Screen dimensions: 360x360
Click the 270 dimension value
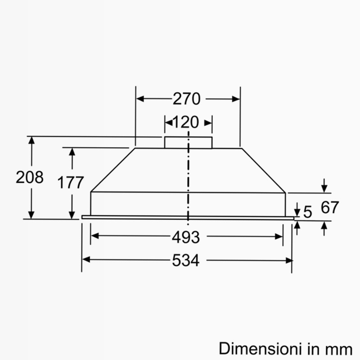pyautogui.click(x=186, y=99)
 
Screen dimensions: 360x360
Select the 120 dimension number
pyautogui.click(x=185, y=122)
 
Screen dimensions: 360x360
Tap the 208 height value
pyautogui.click(x=30, y=177)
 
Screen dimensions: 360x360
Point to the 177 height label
pyautogui.click(x=71, y=183)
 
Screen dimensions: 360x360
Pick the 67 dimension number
pyautogui.click(x=330, y=207)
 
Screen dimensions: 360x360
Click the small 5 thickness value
pyautogui.click(x=308, y=211)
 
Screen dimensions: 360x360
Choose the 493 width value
pyautogui.click(x=186, y=237)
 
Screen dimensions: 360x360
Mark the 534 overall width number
pyautogui.click(x=186, y=261)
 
